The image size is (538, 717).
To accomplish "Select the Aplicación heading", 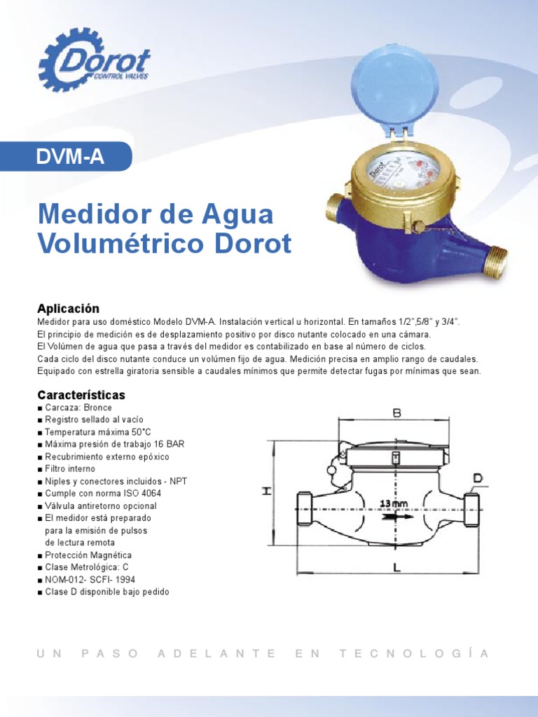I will (x=68, y=309).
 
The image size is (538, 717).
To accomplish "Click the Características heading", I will (x=81, y=395).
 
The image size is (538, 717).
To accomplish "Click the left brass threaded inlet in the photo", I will (x=336, y=207).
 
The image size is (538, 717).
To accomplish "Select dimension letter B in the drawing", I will (x=396, y=414).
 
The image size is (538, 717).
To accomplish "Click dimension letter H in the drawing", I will (x=266, y=491).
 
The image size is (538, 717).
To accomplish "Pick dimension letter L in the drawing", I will (x=396, y=569).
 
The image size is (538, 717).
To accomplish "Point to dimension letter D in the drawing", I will (x=477, y=478).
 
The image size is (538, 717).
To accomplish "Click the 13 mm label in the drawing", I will (x=394, y=503).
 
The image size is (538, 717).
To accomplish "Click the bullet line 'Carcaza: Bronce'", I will (x=78, y=408).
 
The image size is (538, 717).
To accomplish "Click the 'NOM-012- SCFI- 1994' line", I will (x=90, y=580).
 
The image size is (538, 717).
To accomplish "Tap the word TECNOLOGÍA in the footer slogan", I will (x=413, y=653).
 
